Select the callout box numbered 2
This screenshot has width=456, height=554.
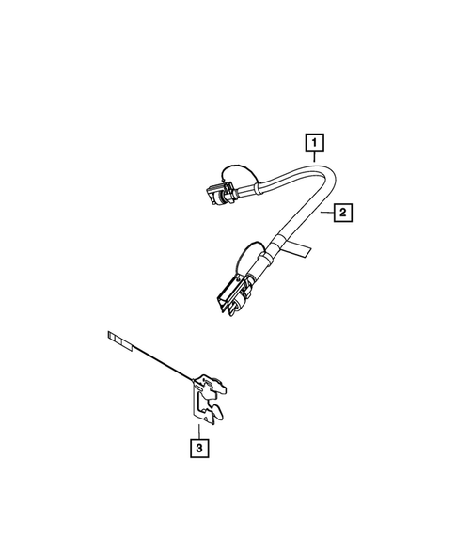click(343, 214)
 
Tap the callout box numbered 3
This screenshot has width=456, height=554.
click(198, 447)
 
